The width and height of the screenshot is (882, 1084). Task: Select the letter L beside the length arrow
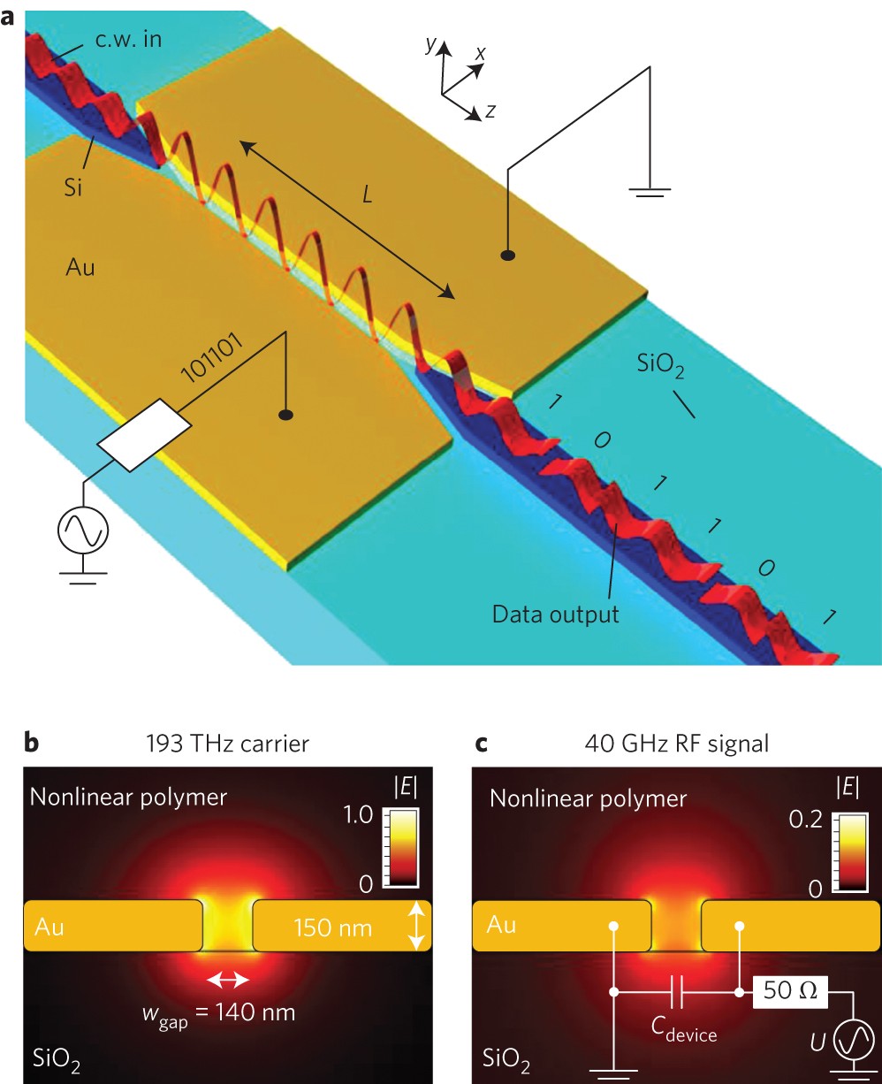point(368,196)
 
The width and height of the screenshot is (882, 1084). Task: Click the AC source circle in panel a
point(83,532)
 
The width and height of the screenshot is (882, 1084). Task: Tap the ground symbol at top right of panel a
point(650,191)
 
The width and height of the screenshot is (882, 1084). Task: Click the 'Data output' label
point(556,614)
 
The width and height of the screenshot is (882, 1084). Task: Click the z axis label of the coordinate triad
point(490,111)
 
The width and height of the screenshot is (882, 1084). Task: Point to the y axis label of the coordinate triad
point(431,45)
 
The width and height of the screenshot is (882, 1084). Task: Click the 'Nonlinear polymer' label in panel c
point(588,798)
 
